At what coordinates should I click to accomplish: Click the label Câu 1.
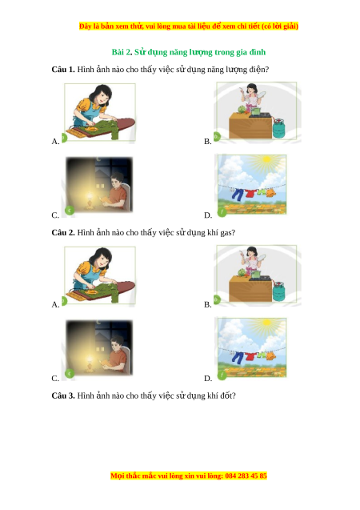coord(63,70)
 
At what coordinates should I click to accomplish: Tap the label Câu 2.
coord(63,232)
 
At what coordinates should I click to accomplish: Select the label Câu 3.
coord(63,396)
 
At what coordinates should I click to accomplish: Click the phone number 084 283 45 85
coord(246,476)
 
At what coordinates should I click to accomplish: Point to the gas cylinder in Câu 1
coord(278,128)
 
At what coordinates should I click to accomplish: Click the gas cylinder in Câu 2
coord(278,291)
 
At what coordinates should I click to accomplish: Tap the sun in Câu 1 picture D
coord(266,159)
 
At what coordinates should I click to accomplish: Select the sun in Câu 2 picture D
coord(266,323)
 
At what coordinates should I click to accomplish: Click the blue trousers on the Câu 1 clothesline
coord(238,195)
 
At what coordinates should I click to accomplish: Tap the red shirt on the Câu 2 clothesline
coord(250,356)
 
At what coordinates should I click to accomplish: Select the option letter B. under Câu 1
coord(208,142)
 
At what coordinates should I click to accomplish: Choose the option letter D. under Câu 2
coord(208,378)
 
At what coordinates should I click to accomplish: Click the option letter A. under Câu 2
coord(55,305)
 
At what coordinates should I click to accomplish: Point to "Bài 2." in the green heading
coord(122,52)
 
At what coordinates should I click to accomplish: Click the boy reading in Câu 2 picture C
coord(117,355)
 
